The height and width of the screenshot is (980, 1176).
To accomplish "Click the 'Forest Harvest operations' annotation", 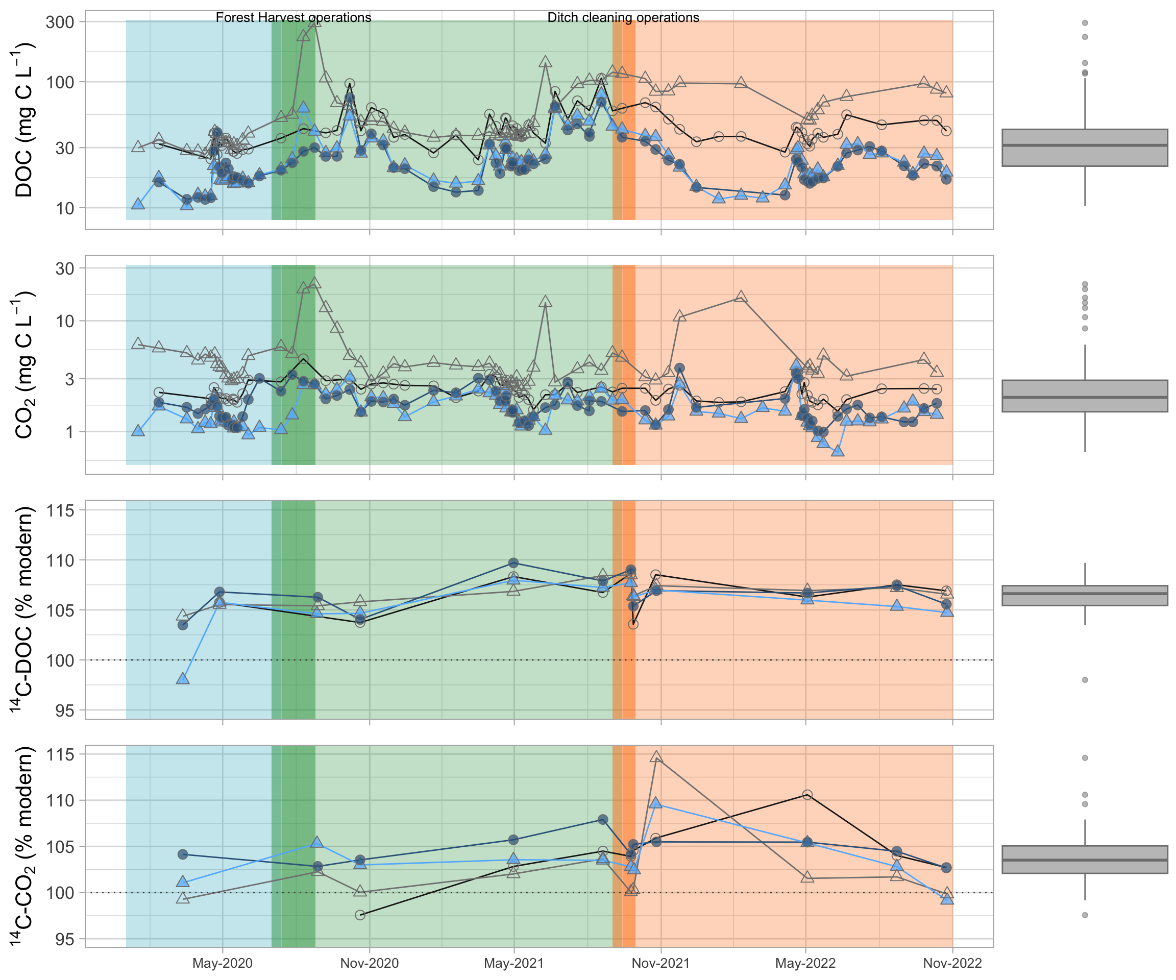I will [293, 17].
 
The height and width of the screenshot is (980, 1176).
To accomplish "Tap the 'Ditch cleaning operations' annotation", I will [623, 17].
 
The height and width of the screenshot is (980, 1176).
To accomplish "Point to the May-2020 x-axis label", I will [223, 963].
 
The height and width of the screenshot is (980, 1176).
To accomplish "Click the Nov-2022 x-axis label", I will [952, 963].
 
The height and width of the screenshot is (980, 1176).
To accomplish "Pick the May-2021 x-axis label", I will [513, 963].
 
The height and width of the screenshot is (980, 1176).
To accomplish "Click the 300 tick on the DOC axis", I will [60, 22].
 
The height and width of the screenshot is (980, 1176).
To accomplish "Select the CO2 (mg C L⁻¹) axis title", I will [24, 364].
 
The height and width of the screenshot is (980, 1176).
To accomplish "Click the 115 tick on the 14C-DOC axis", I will [61, 510].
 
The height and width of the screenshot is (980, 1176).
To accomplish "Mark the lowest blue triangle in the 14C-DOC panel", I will [183, 679].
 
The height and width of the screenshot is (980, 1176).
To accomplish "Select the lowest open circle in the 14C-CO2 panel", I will [360, 915].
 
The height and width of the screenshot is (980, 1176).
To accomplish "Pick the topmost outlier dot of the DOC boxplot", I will [1085, 23].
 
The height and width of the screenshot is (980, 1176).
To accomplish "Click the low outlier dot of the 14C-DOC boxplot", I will [1085, 680].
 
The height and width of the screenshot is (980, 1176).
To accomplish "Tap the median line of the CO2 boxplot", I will [1085, 397].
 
